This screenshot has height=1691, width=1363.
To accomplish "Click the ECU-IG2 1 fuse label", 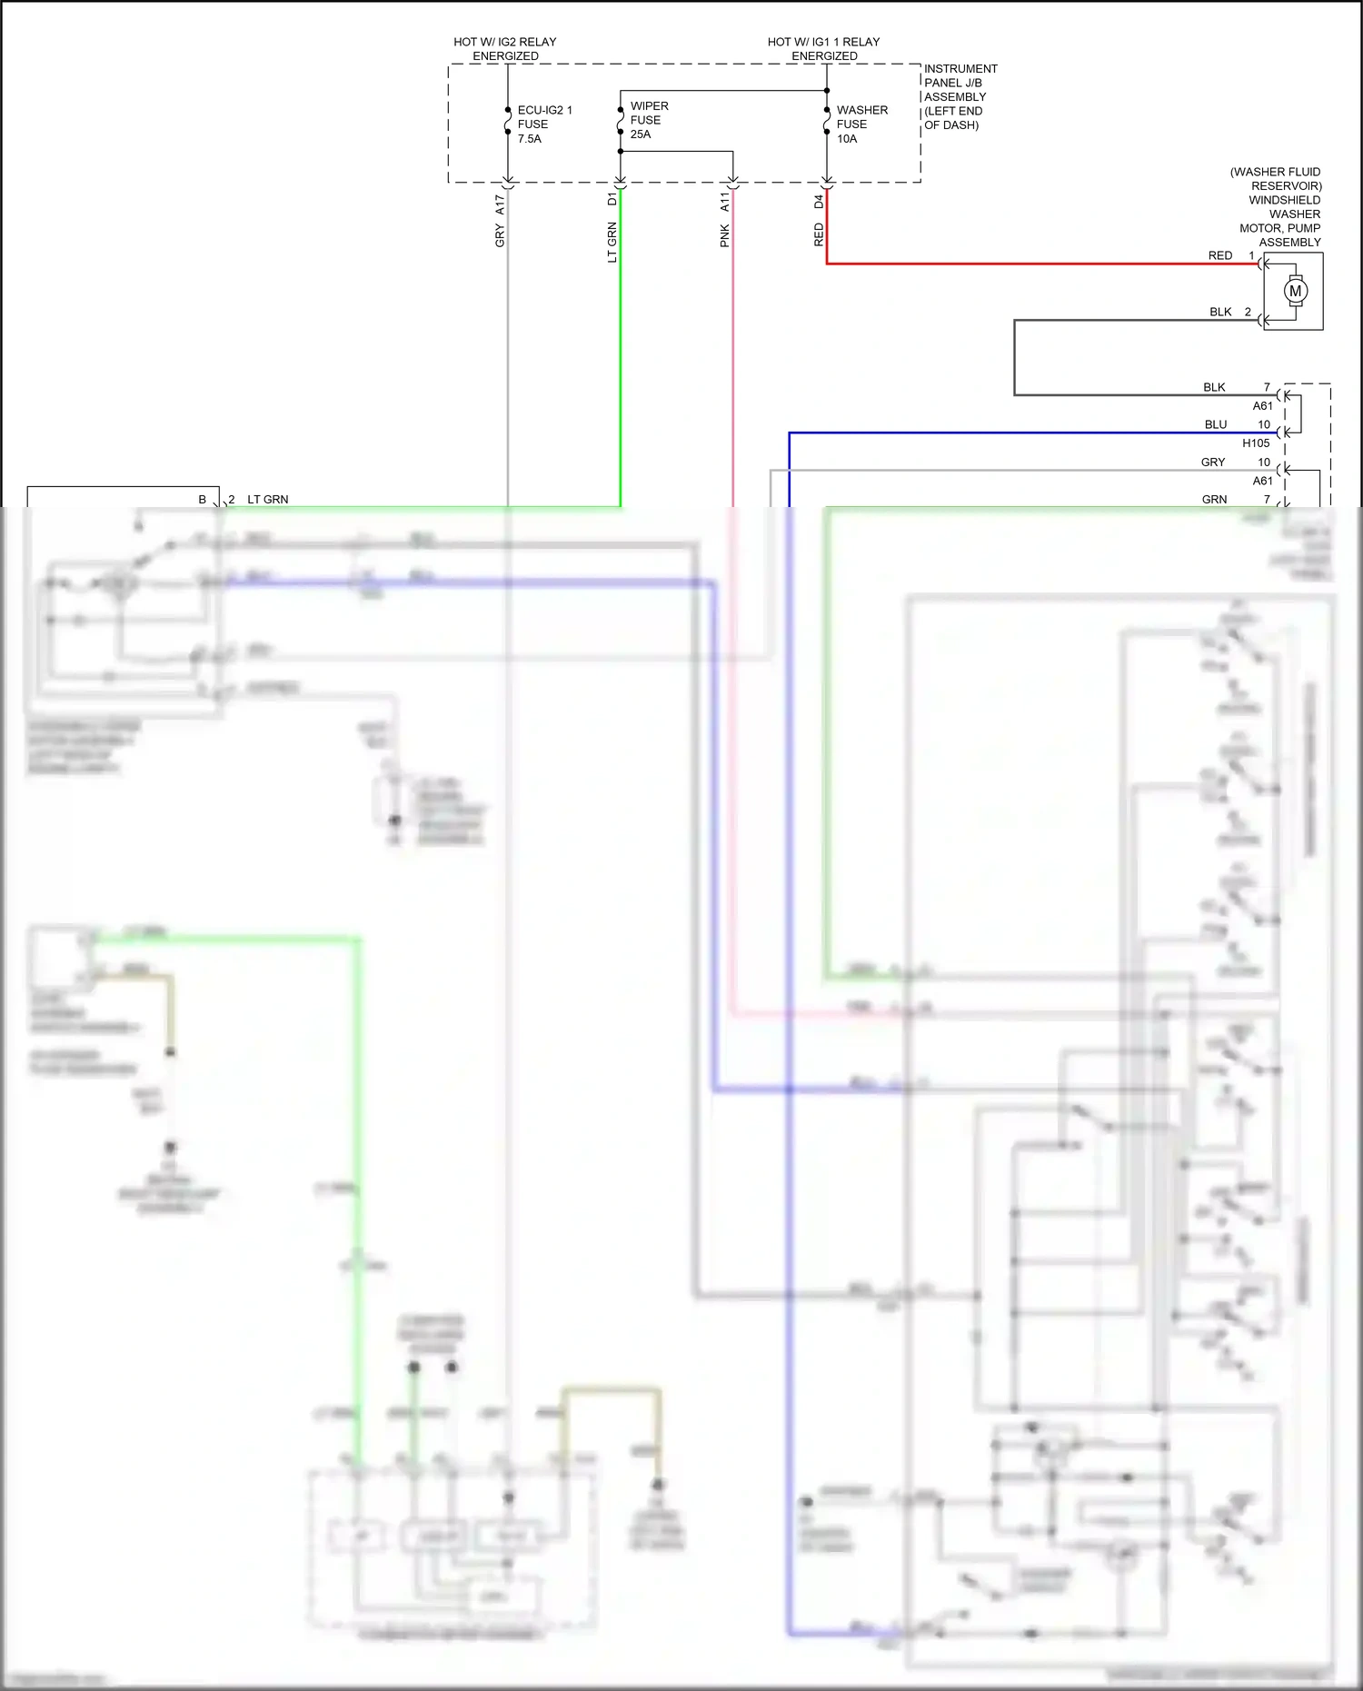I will [x=543, y=124].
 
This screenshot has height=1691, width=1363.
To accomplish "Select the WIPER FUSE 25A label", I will [x=648, y=120].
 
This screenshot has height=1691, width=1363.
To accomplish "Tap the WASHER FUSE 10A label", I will [x=861, y=124].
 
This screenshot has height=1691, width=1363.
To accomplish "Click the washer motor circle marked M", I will [x=1295, y=291].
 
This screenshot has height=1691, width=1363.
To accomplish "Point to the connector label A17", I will [x=500, y=204].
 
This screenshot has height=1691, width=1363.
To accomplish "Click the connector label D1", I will [x=612, y=199].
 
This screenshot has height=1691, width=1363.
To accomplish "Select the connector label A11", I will [x=724, y=202].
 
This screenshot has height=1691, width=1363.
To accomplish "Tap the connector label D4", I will [x=818, y=201].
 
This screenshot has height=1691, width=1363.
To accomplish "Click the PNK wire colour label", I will [x=724, y=236].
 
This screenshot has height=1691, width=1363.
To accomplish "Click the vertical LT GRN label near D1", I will [x=612, y=243].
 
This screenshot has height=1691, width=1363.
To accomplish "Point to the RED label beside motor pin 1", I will [x=1219, y=255].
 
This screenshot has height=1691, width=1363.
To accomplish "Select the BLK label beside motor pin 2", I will [x=1219, y=312].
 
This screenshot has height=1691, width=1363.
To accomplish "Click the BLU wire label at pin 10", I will [x=1215, y=424].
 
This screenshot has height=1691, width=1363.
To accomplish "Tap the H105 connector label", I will [x=1255, y=443].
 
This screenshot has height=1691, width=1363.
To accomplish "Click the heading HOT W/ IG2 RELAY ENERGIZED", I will [x=505, y=49].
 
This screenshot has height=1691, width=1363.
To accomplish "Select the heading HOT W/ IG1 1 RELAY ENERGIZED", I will [x=823, y=49].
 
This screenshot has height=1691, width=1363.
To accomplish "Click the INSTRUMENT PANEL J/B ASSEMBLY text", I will [x=960, y=96].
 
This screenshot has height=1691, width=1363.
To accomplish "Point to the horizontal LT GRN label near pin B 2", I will [x=267, y=500].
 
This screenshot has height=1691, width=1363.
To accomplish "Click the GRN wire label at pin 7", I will [x=1214, y=500].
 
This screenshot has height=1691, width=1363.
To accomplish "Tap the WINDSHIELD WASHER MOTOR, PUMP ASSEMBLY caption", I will [x=1279, y=207].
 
